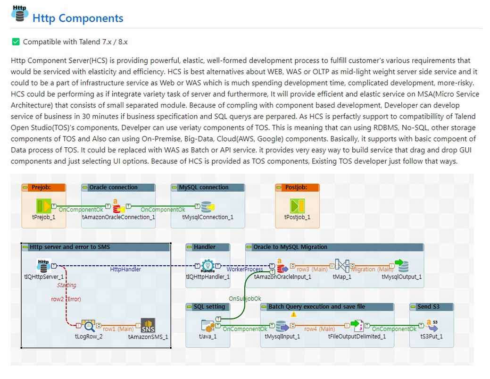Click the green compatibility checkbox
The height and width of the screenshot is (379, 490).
(x=16, y=42)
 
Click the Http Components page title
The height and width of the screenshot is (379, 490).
(x=78, y=18)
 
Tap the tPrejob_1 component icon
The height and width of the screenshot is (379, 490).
(x=43, y=206)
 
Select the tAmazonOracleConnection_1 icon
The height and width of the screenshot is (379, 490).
(x=118, y=206)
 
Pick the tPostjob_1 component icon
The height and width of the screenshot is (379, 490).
(x=297, y=206)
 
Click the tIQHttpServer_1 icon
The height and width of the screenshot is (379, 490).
(x=43, y=266)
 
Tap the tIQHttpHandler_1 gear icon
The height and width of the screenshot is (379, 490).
(x=208, y=266)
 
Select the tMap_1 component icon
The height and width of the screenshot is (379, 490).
(x=342, y=266)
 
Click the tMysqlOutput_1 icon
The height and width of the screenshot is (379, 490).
(x=401, y=266)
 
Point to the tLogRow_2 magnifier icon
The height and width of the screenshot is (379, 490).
(x=89, y=326)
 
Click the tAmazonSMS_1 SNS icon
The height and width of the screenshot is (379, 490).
(x=148, y=326)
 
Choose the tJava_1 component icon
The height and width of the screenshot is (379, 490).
(x=208, y=326)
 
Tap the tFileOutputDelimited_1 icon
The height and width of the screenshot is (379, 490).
(x=357, y=326)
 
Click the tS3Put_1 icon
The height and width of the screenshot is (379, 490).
(x=432, y=326)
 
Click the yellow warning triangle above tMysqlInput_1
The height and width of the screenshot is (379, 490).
(x=293, y=314)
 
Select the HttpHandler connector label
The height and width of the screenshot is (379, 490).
(x=125, y=269)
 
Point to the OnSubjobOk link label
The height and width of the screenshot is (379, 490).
(x=245, y=299)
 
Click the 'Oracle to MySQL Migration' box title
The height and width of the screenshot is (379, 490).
(x=291, y=247)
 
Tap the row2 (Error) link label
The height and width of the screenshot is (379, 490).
(x=66, y=299)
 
